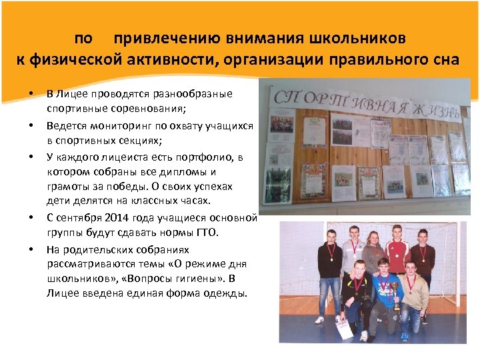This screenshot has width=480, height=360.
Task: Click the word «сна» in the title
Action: click(x=445, y=59)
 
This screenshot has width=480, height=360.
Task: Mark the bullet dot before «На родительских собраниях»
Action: click(x=31, y=249)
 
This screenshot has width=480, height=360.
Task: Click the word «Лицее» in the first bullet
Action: click(x=71, y=93)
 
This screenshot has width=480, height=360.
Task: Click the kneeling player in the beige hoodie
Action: click(x=414, y=290)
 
